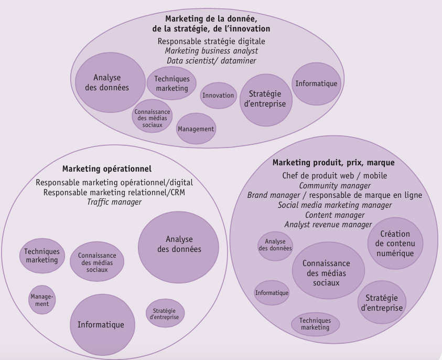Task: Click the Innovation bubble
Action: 218,95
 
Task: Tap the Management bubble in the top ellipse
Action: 196,129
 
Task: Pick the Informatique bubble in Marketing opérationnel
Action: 101,324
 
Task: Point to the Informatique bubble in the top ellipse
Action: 316,83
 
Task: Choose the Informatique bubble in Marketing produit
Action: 272,292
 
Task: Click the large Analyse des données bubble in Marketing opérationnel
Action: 179,245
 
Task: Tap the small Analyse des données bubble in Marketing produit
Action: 275,245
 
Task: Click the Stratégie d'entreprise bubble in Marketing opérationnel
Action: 164,313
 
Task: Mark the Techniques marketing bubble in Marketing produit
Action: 315,324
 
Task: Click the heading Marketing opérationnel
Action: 106,169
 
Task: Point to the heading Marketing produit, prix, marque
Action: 333,163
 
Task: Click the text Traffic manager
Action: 114,202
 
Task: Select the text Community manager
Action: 335,185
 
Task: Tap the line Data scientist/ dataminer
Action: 211,61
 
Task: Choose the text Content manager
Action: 335,215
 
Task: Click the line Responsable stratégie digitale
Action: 211,41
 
